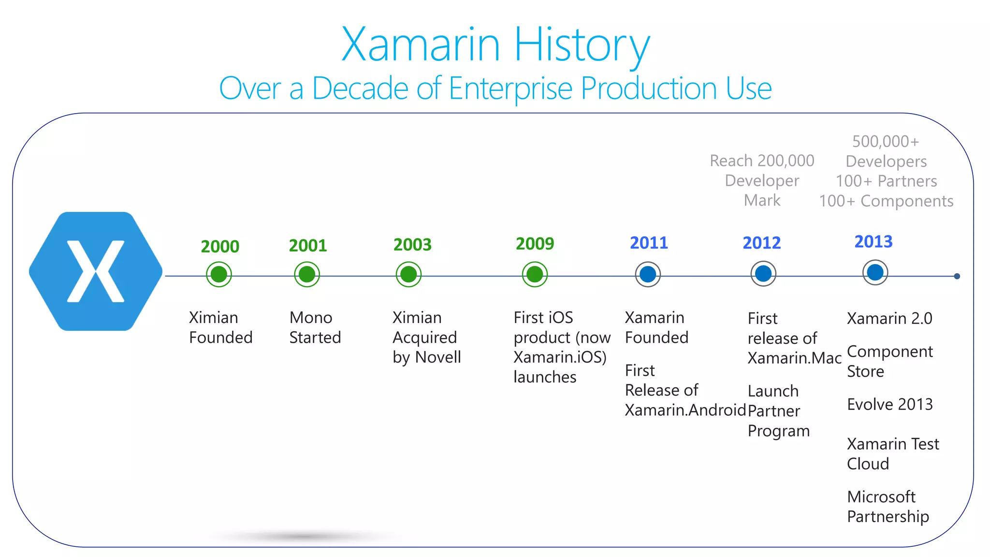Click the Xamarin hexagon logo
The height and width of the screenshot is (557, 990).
(x=96, y=271)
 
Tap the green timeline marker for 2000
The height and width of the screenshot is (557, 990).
(x=219, y=275)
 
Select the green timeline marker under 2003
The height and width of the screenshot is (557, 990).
(x=408, y=275)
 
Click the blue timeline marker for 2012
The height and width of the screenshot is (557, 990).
(x=763, y=274)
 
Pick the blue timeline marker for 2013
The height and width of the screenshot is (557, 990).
(x=875, y=273)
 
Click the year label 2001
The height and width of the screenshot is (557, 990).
(x=308, y=246)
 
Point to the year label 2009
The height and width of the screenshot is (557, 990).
(x=535, y=244)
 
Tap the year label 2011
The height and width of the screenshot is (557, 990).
(x=649, y=243)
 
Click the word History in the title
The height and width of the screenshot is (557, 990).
(x=582, y=45)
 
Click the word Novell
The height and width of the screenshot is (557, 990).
(x=438, y=357)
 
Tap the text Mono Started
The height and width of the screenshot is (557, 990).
(x=315, y=327)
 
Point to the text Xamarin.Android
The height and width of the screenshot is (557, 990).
(x=685, y=410)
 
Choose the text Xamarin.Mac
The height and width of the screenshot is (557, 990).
(x=794, y=358)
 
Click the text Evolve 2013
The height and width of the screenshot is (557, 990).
(x=889, y=404)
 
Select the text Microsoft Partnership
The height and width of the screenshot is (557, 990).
(x=888, y=507)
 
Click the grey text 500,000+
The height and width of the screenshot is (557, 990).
(x=885, y=142)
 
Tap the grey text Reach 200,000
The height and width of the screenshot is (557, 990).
(x=762, y=161)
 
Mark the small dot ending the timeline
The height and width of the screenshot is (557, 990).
(x=957, y=276)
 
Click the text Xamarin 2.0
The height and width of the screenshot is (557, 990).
(x=889, y=319)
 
